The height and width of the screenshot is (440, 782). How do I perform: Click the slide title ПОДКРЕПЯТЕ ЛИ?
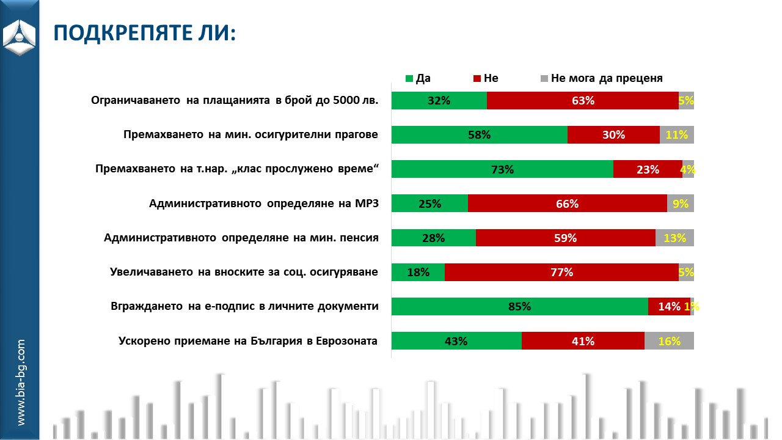coord(144,33)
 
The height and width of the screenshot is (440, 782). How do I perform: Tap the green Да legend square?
coord(409,78)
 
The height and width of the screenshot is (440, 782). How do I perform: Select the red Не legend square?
coord(477,78)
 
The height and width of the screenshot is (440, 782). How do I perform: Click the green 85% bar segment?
coord(519,307)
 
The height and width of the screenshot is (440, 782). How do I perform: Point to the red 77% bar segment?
coord(561,273)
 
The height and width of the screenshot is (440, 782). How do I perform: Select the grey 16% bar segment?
coord(669,341)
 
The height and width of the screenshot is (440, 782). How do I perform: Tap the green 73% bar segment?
coord(502,169)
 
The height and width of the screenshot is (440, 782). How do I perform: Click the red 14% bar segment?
coord(669,307)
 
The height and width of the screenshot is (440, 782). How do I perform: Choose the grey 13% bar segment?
coord(674,238)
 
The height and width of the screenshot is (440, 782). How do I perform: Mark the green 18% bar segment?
coord(418,273)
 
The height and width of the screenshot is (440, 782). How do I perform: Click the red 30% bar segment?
coord(613,135)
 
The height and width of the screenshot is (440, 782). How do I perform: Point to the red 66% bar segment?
coord(567,204)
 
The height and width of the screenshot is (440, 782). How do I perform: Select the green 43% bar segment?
coord(456,341)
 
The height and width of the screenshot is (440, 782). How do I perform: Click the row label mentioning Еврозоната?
coord(247,341)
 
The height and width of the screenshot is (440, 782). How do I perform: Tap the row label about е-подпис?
coord(244,307)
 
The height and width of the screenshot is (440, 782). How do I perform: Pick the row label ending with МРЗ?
coord(264,204)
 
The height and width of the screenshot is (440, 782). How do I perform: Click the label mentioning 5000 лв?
coord(235,101)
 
